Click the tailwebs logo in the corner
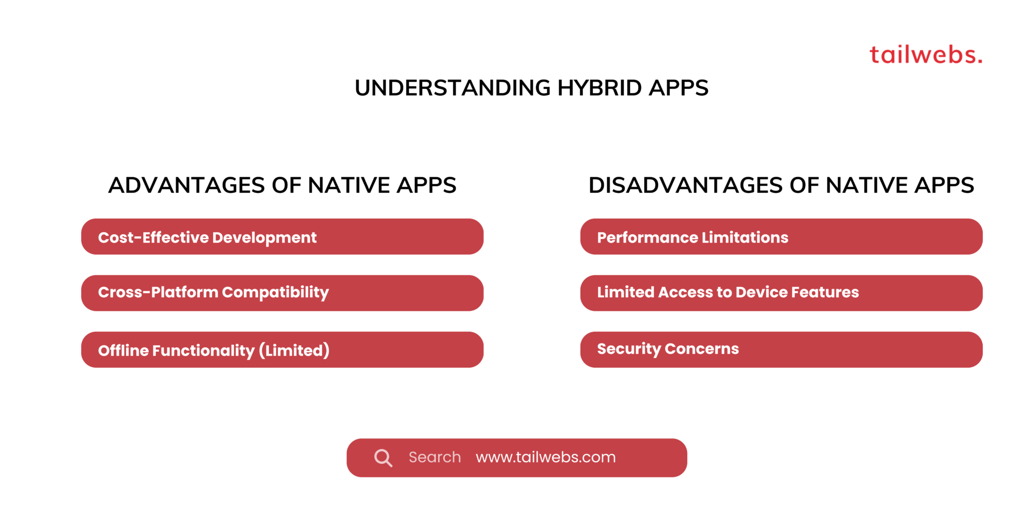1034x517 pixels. click(926, 55)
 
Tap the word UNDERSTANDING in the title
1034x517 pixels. click(452, 88)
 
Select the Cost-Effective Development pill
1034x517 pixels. click(282, 237)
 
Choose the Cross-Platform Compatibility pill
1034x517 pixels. click(282, 293)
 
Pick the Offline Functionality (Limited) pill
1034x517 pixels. click(282, 350)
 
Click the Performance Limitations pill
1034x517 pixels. click(781, 237)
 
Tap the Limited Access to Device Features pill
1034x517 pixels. click(781, 293)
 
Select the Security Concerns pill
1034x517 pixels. click(781, 350)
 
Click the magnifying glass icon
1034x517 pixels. click(383, 458)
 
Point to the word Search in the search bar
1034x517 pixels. click(435, 457)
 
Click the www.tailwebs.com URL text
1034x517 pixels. click(546, 457)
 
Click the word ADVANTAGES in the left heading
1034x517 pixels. click(186, 185)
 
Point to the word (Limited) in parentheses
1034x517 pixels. click(294, 351)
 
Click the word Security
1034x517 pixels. click(628, 349)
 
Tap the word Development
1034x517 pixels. click(264, 237)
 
